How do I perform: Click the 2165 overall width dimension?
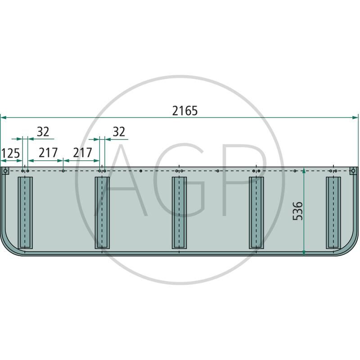pyautogui.click(x=185, y=111)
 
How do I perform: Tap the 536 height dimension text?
pyautogui.click(x=298, y=211)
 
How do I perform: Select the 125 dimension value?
pyautogui.click(x=10, y=153)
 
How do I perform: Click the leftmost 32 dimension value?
pyautogui.click(x=43, y=132)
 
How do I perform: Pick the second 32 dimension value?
pyautogui.click(x=119, y=132)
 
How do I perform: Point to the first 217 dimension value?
pyautogui.click(x=48, y=153)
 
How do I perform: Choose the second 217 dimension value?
pyautogui.click(x=82, y=153)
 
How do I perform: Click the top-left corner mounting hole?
pyautogui.click(x=5, y=171)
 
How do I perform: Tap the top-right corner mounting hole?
pyautogui.click(x=353, y=171)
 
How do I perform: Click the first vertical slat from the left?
pyautogui.click(x=25, y=212)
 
